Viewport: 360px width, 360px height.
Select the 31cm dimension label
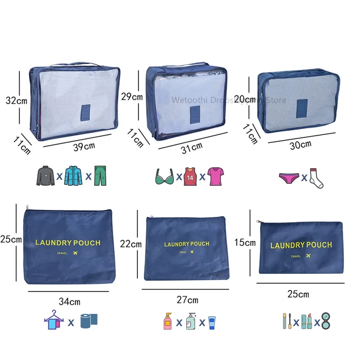click(192, 147)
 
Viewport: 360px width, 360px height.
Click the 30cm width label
click(300, 145)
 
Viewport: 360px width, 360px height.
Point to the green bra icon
click(165, 177)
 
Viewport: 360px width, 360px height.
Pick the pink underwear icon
click(290, 178)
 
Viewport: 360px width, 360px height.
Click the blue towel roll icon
click(88, 321)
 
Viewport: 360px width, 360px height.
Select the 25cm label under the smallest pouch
click(298, 294)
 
